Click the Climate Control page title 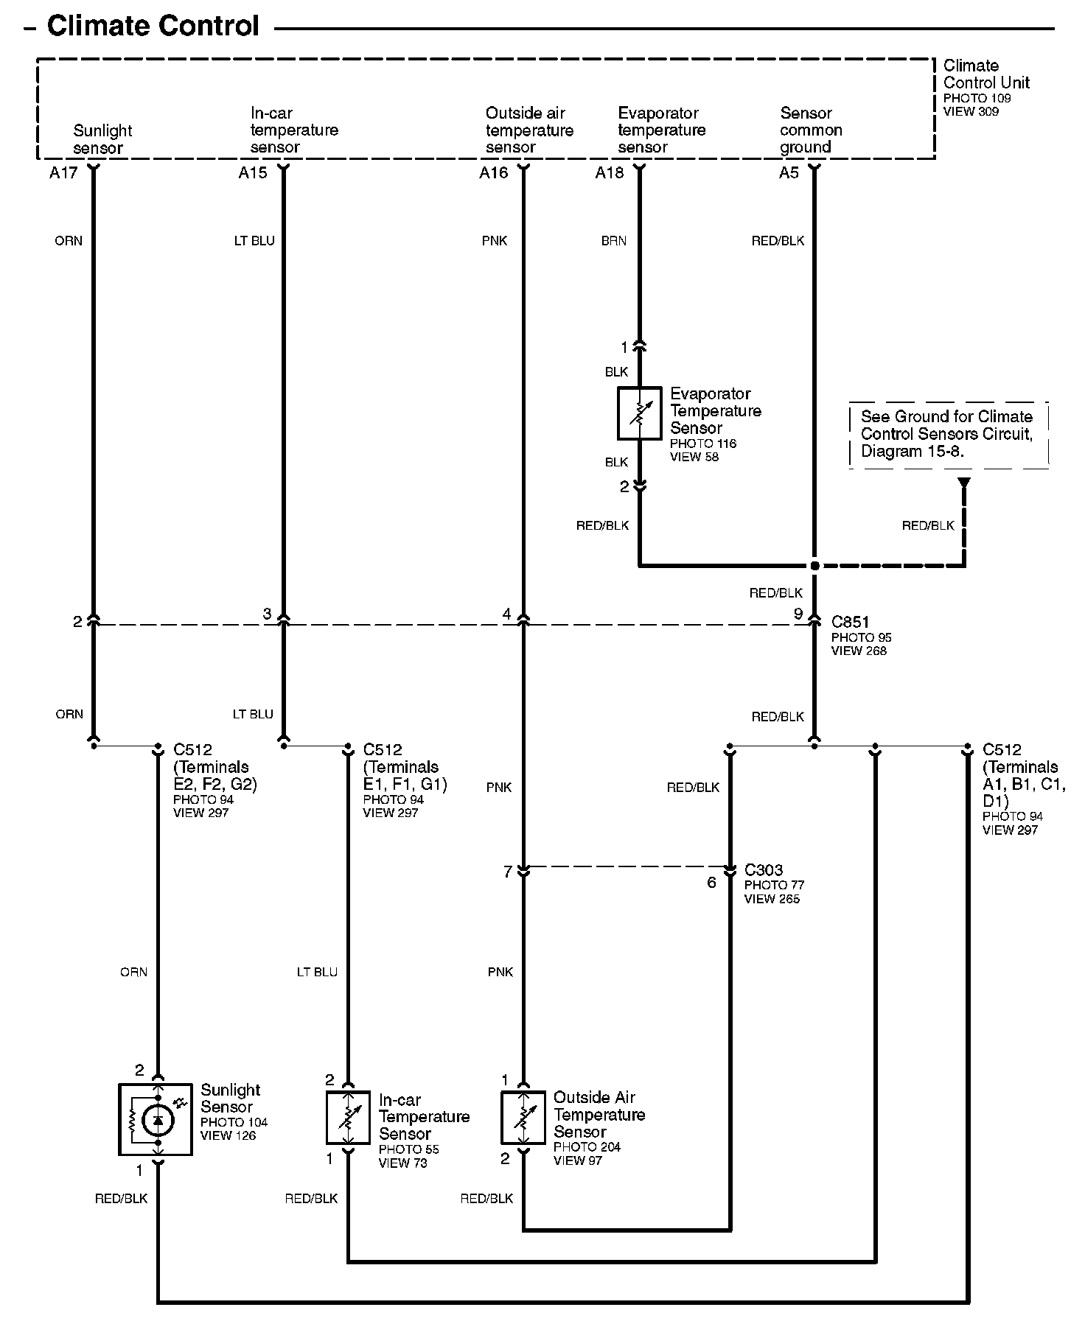(x=153, y=27)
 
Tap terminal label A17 (x=63, y=173)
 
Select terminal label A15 (x=253, y=173)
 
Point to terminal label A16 (x=494, y=173)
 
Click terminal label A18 (x=610, y=173)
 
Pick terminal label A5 (x=789, y=173)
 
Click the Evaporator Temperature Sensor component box (x=639, y=413)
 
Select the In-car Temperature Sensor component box (x=348, y=1118)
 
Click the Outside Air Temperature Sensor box (x=523, y=1118)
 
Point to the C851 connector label (x=850, y=623)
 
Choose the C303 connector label (x=764, y=870)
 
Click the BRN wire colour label (x=614, y=241)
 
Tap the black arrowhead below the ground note (x=963, y=483)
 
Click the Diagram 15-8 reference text (x=912, y=452)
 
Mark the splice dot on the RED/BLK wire (x=814, y=566)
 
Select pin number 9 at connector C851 (x=798, y=613)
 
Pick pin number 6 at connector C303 (x=711, y=883)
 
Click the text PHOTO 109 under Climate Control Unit (x=977, y=98)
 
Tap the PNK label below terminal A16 (x=495, y=241)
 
